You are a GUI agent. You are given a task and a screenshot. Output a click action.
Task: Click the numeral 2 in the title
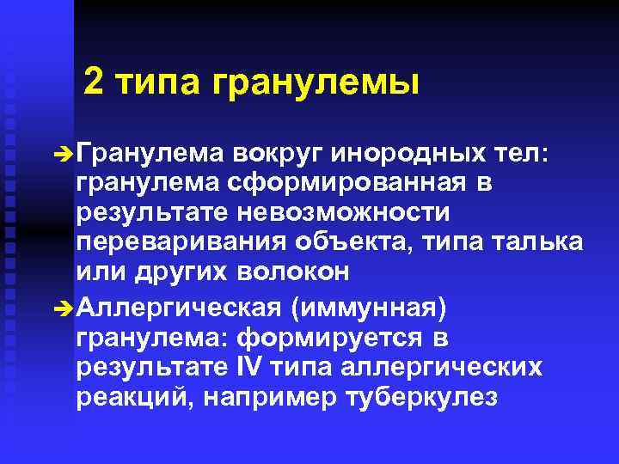tap(95, 83)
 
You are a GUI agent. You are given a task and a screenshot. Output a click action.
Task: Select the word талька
tap(537, 241)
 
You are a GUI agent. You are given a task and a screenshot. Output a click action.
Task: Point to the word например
tap(275, 398)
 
